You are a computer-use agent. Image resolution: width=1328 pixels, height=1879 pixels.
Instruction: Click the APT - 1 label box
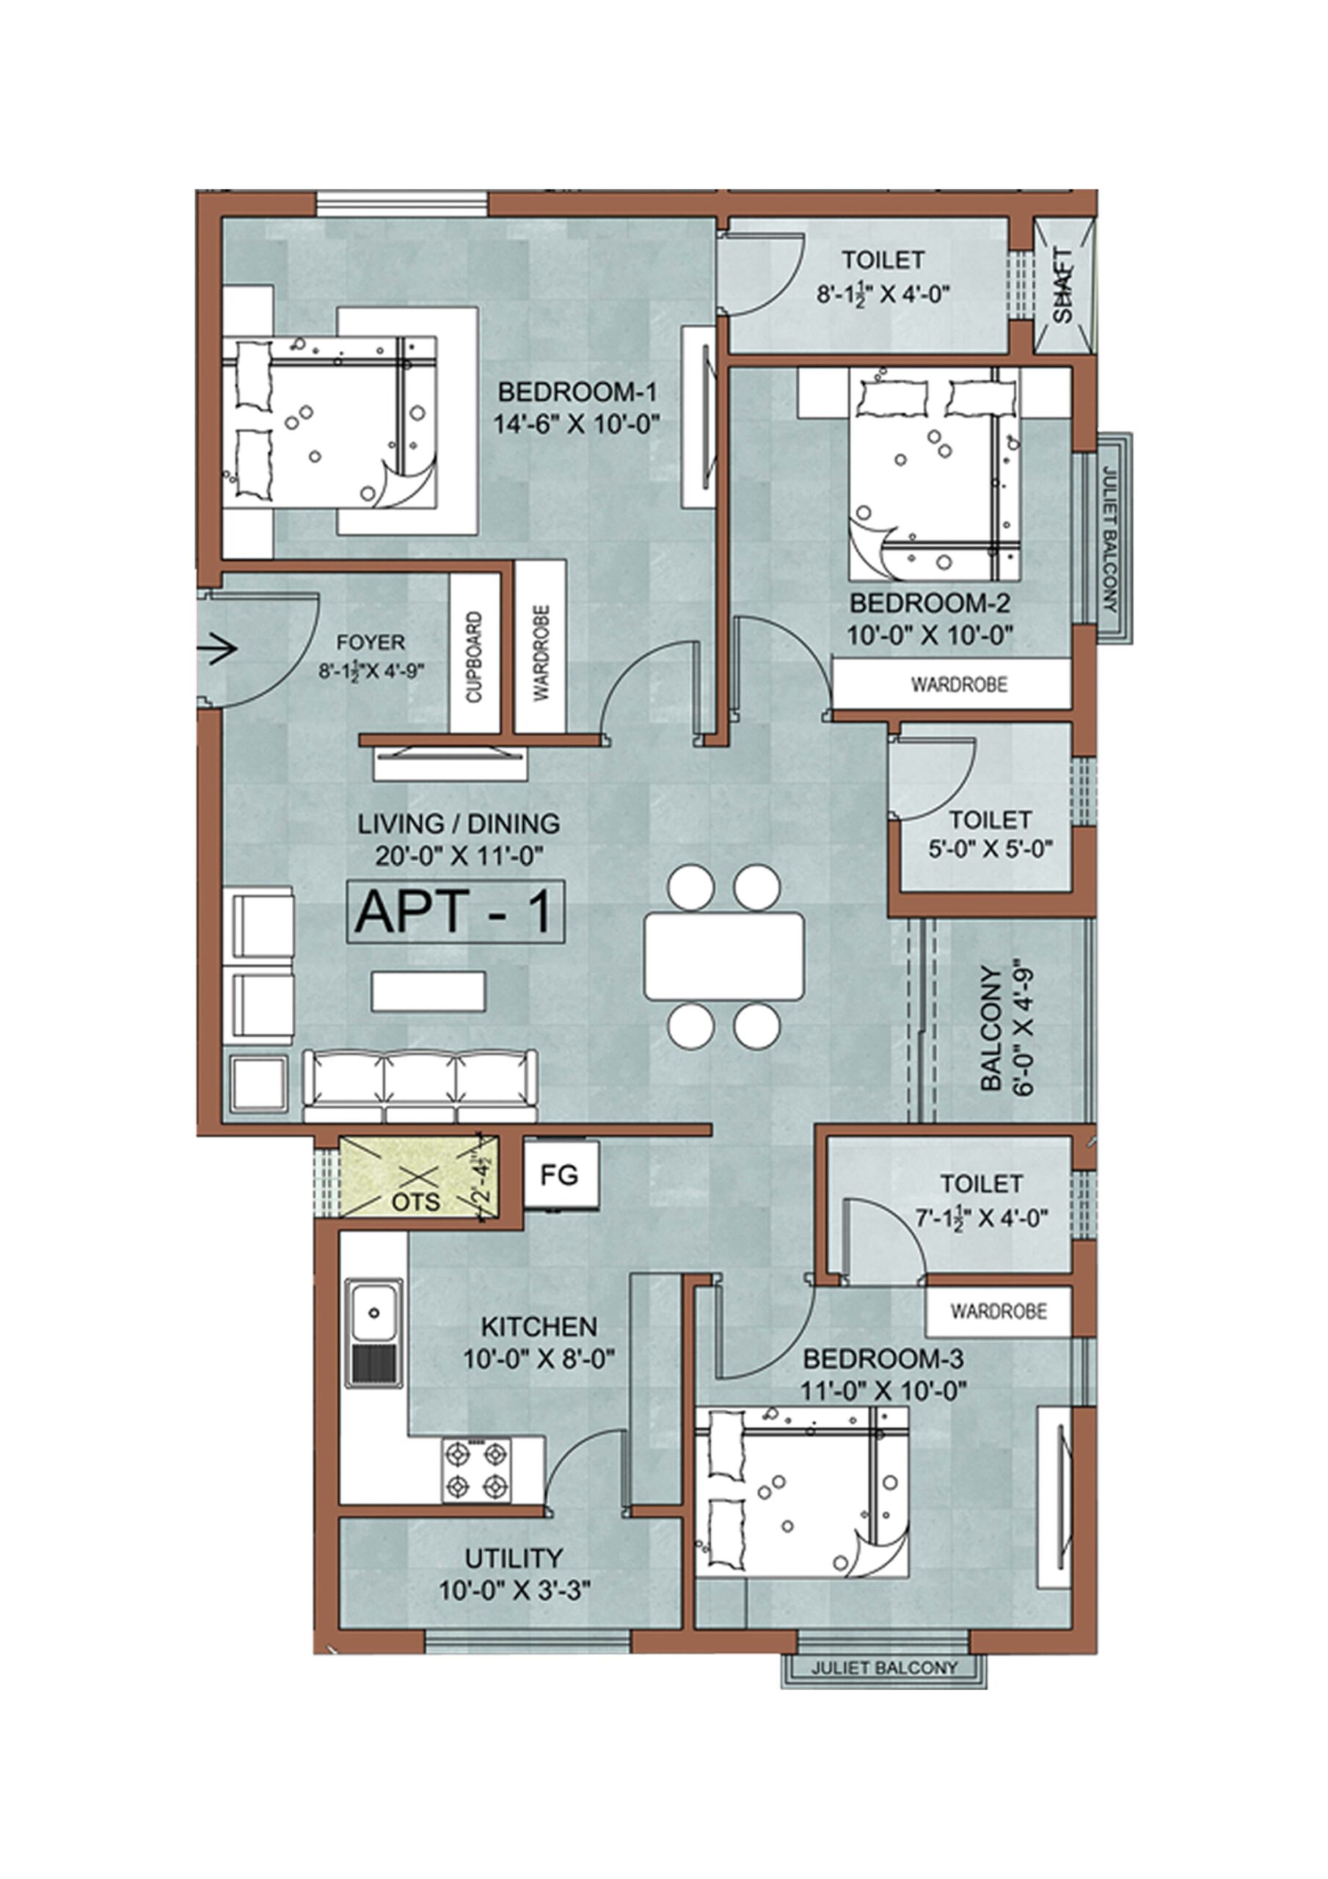pyautogui.click(x=456, y=912)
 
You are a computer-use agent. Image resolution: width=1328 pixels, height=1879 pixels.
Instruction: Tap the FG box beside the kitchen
pyautogui.click(x=561, y=1175)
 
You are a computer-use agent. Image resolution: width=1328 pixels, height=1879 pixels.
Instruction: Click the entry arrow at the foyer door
pyautogui.click(x=218, y=649)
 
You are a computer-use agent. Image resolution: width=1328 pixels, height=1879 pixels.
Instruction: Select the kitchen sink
pyautogui.click(x=374, y=1333)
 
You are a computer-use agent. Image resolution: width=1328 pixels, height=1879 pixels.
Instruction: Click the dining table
pyautogui.click(x=724, y=956)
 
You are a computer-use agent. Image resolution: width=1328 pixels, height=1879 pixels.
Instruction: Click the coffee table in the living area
pyautogui.click(x=428, y=991)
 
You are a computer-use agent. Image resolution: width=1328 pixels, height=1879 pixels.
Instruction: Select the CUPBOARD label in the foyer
pyautogui.click(x=475, y=656)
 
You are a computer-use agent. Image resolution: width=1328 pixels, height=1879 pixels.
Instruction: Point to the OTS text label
pyautogui.click(x=416, y=1202)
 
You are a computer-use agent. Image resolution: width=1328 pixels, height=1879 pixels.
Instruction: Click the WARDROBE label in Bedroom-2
pyautogui.click(x=959, y=684)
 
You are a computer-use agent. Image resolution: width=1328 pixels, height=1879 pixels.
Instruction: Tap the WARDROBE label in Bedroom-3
pyautogui.click(x=999, y=1312)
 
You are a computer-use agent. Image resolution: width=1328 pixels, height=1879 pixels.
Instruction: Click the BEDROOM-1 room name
pyautogui.click(x=577, y=392)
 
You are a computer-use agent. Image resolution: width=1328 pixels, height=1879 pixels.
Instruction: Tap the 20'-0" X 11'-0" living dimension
pyautogui.click(x=460, y=856)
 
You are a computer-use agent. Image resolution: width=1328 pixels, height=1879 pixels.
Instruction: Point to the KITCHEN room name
pyautogui.click(x=539, y=1326)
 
